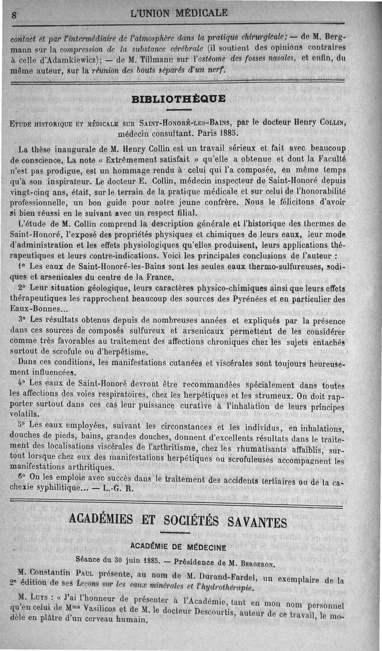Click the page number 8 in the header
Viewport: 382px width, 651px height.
click(14, 15)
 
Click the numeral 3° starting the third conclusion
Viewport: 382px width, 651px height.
click(21, 319)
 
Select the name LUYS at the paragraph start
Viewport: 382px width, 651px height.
click(40, 599)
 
